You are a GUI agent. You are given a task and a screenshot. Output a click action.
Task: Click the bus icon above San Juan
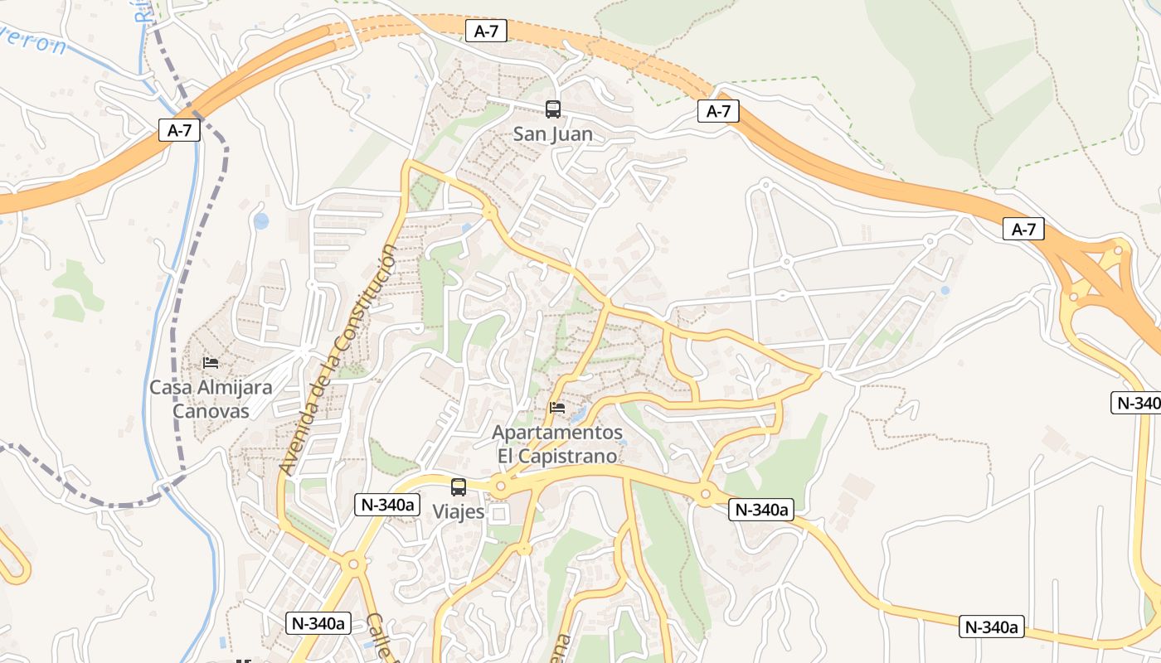[x=552, y=109]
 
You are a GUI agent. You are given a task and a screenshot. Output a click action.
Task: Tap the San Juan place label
[x=552, y=133]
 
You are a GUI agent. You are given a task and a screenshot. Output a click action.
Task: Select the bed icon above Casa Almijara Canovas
[x=211, y=363]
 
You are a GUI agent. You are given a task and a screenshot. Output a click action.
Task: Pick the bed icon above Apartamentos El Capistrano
[x=557, y=408]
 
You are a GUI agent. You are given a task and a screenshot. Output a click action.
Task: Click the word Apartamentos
[x=557, y=433]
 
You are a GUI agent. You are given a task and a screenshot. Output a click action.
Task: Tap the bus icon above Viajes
[x=459, y=487]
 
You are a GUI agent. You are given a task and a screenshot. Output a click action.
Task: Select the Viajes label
[x=459, y=511]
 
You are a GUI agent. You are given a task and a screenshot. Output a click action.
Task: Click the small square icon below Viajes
[x=498, y=515]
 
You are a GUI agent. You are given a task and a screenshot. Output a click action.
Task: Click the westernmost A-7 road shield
[x=179, y=130]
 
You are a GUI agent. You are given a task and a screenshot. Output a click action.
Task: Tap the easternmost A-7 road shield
[x=1023, y=230]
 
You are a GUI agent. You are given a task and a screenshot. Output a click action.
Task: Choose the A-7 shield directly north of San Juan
[x=486, y=31]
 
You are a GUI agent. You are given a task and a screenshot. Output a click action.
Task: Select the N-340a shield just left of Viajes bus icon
[x=388, y=505]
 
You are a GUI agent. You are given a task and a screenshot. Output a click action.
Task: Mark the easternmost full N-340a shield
[x=992, y=627]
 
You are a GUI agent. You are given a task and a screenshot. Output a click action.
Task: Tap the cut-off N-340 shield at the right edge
[x=1136, y=403]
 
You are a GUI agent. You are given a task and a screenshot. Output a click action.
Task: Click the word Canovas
[x=211, y=411]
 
